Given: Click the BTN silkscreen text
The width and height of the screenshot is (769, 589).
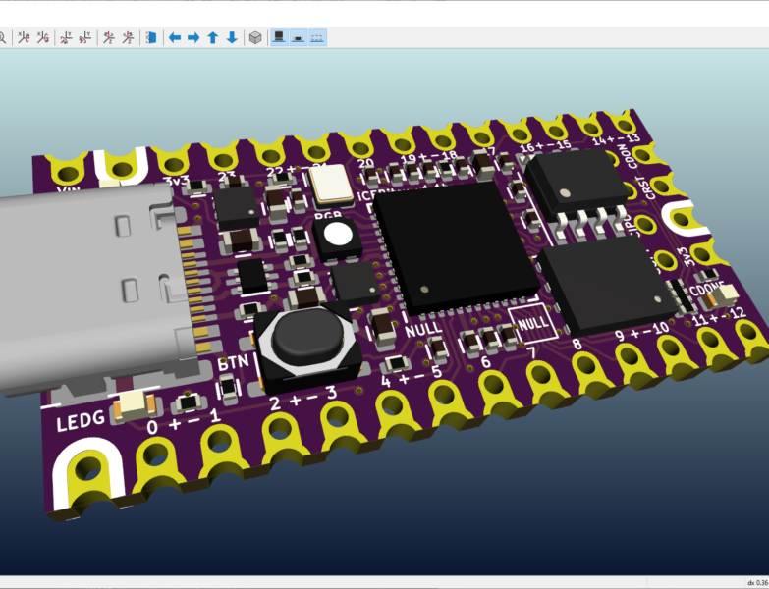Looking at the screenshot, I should [x=234, y=362].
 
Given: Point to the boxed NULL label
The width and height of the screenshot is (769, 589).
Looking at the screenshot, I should [x=532, y=321].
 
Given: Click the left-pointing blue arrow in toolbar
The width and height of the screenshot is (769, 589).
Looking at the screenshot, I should [x=175, y=37].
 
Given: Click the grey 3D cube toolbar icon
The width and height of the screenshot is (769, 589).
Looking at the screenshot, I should [x=255, y=37].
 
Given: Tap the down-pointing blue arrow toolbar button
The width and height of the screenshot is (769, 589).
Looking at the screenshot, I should [x=232, y=37].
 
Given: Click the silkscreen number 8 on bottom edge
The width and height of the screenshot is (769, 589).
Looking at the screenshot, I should [x=577, y=344].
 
